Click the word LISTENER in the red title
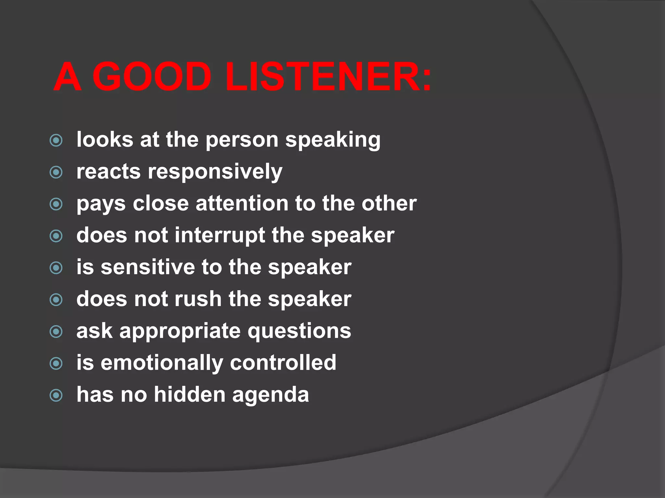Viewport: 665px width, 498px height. [x=328, y=77]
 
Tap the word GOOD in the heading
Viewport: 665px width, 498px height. [x=152, y=77]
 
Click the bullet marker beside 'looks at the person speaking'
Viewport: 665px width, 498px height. [x=56, y=140]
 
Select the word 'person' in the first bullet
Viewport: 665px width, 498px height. [x=242, y=140]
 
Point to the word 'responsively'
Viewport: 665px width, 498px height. [x=215, y=172]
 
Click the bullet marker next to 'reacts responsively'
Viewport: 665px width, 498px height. [x=56, y=172]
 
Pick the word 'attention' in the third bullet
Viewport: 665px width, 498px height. [x=242, y=204]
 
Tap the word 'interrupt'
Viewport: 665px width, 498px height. [x=220, y=235]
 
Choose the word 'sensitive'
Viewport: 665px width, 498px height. [x=147, y=267]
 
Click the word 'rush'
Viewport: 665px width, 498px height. [x=198, y=299]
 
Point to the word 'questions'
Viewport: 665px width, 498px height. [x=299, y=331]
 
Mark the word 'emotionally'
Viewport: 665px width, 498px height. [x=162, y=363]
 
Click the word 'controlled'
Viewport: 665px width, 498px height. [x=283, y=362]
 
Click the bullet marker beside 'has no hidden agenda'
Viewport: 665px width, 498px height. [x=56, y=395]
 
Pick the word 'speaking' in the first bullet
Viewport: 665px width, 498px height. [x=333, y=140]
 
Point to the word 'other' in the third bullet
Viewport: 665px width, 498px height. [x=389, y=204]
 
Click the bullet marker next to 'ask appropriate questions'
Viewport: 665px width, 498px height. [x=56, y=331]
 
